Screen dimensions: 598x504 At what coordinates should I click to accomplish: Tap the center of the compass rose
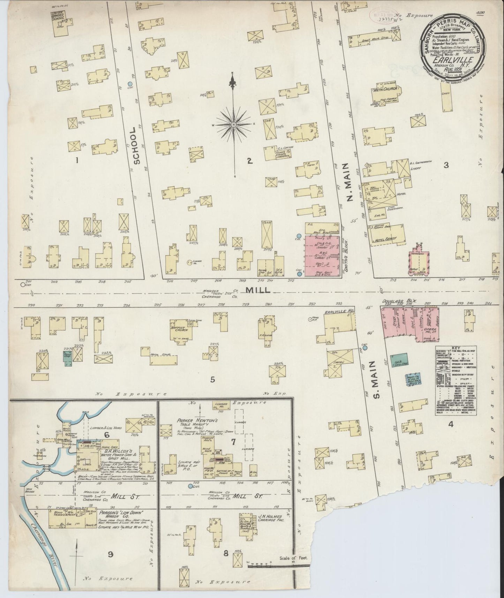coord(233,125)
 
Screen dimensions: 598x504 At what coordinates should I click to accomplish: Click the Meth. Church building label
coord(382,90)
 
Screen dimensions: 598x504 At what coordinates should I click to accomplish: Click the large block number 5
coord(212,379)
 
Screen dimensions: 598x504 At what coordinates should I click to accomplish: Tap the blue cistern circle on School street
coord(130,84)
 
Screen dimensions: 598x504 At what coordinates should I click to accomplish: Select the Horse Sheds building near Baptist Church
coord(160,355)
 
